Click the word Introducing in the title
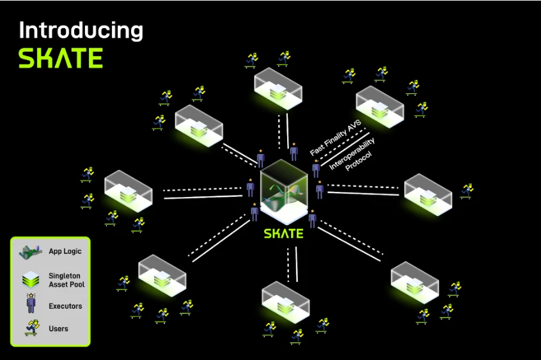[x=81, y=31]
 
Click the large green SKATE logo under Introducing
[x=60, y=58]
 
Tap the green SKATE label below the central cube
[x=283, y=234]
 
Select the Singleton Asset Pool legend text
[x=67, y=279]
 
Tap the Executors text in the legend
[x=65, y=306]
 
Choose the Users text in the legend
[x=58, y=329]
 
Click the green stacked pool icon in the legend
[x=29, y=278]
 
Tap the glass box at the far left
[x=129, y=191]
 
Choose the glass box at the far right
[x=428, y=194]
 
